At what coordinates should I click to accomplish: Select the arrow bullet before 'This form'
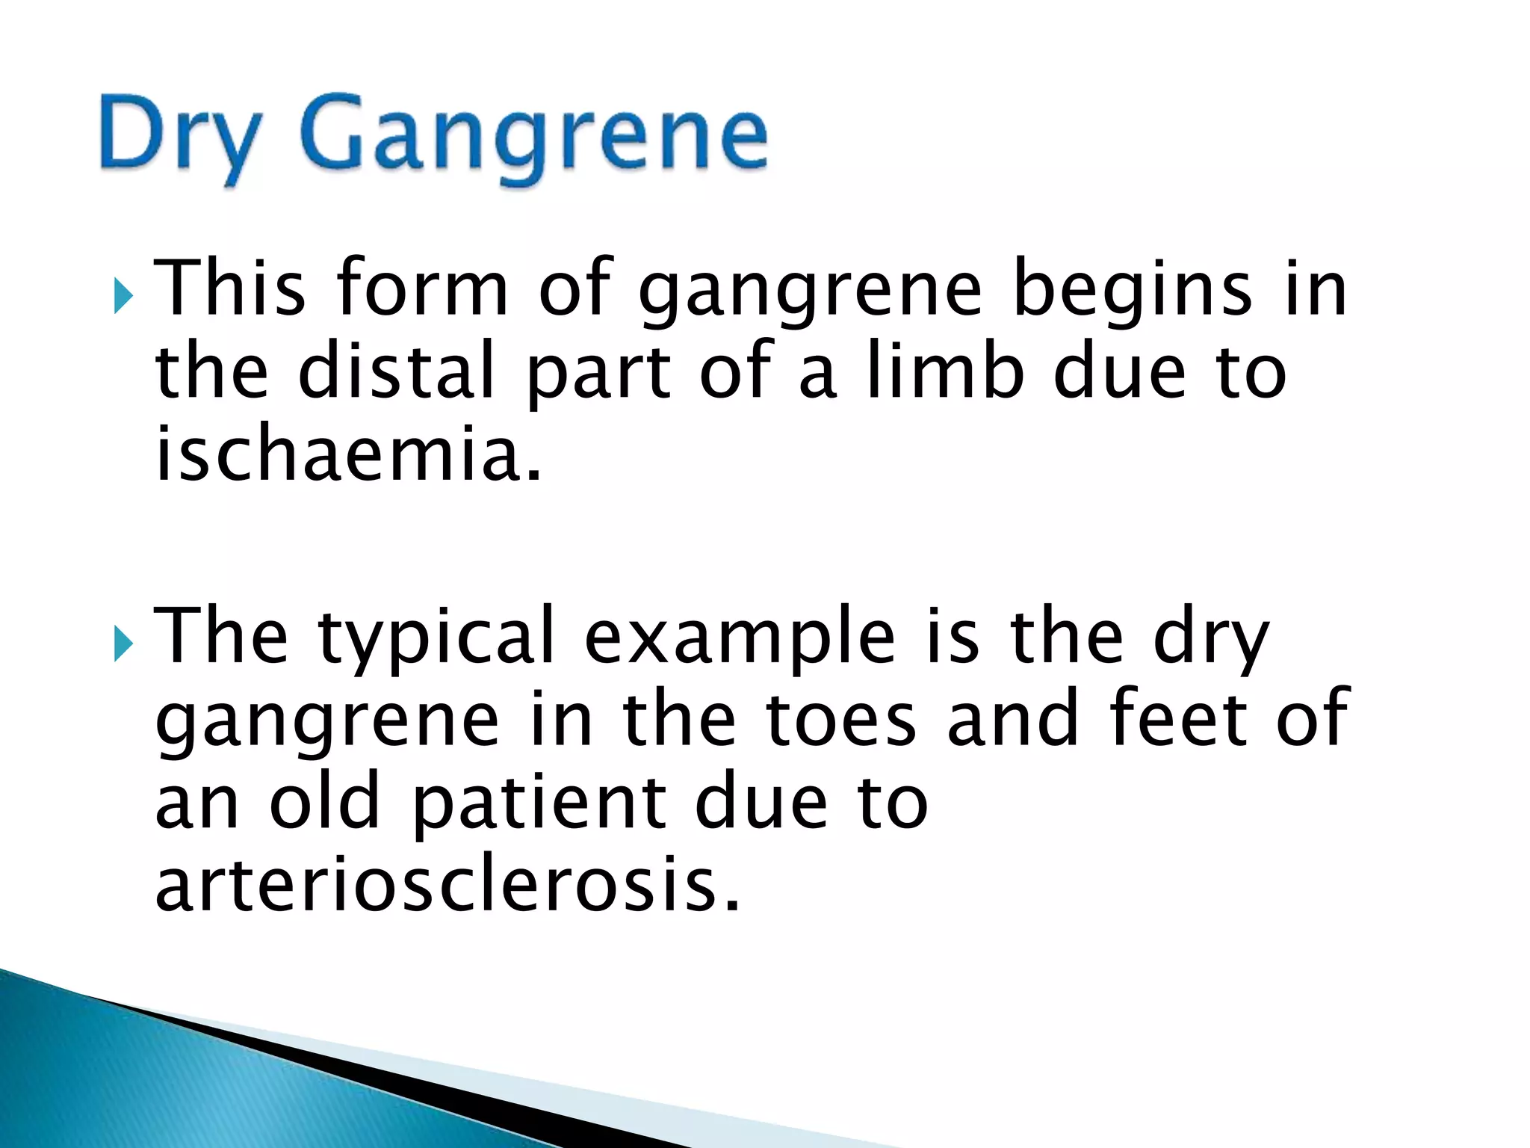tap(123, 297)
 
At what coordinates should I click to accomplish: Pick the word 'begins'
tap(1132, 291)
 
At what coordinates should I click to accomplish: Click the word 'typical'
tap(437, 639)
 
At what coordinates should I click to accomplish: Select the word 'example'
tap(740, 639)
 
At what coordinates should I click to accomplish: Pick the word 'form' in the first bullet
tap(423, 288)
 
